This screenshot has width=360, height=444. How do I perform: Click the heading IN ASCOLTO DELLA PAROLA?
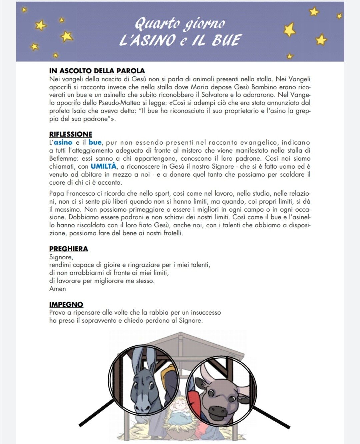pos(97,71)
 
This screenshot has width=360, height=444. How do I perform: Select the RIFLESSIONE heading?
pos(71,134)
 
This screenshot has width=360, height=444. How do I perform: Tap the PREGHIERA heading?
pos(69,249)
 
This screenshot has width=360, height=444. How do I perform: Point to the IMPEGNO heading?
pos(66,304)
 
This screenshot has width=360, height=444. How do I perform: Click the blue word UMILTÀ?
pos(104,166)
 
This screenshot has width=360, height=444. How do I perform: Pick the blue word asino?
pos(63,142)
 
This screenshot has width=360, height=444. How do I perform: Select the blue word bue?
pos(95,142)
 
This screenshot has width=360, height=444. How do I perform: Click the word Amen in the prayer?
pos(58,289)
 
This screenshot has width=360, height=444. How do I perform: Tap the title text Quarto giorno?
pos(180,23)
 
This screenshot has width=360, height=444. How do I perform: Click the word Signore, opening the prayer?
pos(61,257)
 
